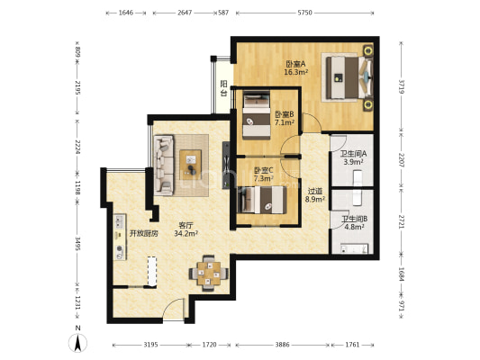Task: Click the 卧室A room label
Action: point(295,64)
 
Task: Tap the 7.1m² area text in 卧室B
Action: point(285,123)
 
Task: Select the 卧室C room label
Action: point(264,170)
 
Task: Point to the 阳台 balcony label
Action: point(223,88)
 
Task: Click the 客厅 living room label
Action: point(186,226)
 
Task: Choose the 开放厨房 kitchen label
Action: point(144,234)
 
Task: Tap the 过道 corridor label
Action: point(315,192)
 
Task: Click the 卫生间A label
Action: point(353,154)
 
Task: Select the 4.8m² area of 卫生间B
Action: point(354,227)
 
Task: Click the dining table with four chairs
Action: point(209,273)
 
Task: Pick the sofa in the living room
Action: point(164,166)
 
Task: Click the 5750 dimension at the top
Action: point(305,13)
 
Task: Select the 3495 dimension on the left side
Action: point(77,244)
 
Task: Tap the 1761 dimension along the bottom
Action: point(352,345)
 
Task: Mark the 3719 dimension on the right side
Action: point(402,87)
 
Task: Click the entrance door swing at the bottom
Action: point(173,309)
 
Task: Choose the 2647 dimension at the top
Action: point(185,13)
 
